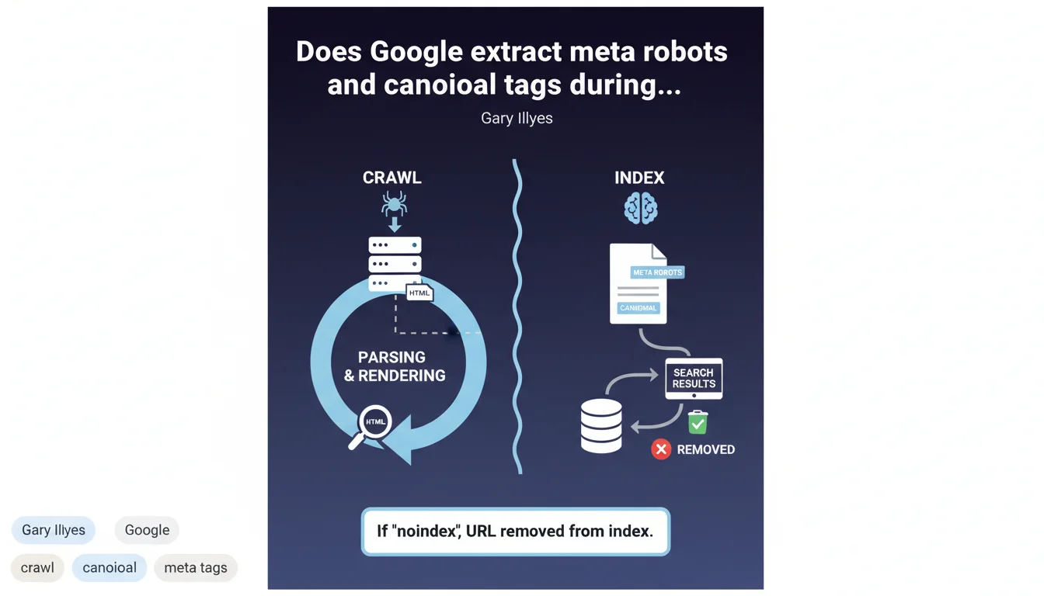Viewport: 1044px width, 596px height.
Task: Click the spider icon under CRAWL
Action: pyautogui.click(x=395, y=204)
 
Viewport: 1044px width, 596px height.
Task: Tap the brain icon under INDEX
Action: pyautogui.click(x=641, y=209)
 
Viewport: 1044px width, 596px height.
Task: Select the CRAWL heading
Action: pyautogui.click(x=392, y=178)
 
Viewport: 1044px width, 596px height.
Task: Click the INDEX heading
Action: pyautogui.click(x=639, y=178)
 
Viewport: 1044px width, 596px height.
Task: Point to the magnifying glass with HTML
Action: pyautogui.click(x=373, y=424)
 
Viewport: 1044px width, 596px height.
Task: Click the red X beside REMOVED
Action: pyautogui.click(x=661, y=449)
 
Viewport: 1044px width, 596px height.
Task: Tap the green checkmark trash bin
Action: pyautogui.click(x=698, y=422)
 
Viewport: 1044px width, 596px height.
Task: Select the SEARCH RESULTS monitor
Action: pyautogui.click(x=694, y=379)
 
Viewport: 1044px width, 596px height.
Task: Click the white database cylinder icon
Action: pyautogui.click(x=601, y=426)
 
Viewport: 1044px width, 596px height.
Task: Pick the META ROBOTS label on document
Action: pyautogui.click(x=657, y=272)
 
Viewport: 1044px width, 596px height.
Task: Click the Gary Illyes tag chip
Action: pyautogui.click(x=54, y=530)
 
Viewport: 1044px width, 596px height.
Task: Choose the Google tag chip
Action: pyautogui.click(x=147, y=530)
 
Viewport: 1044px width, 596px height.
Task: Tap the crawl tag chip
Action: pyautogui.click(x=37, y=567)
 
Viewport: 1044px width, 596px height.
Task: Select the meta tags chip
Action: pyautogui.click(x=196, y=567)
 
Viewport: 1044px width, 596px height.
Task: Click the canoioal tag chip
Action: pyautogui.click(x=110, y=567)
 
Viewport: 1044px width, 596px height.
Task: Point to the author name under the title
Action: pyautogui.click(x=517, y=119)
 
